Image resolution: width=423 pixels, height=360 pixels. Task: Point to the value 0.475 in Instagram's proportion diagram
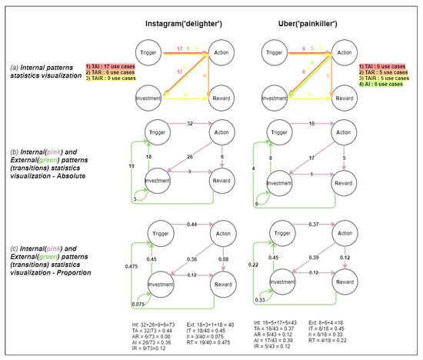(x=135, y=268)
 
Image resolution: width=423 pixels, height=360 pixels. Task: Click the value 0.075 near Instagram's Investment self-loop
(x=137, y=303)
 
